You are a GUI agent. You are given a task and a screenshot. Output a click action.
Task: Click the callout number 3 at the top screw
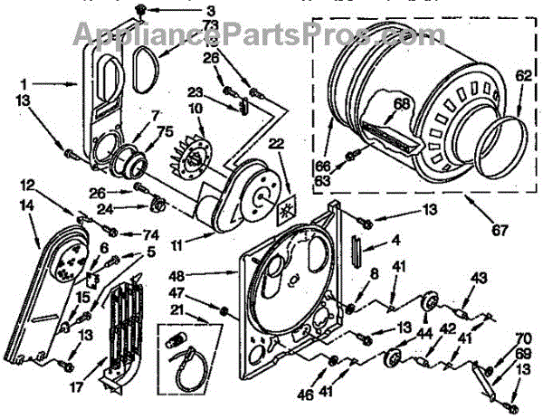(x=186, y=10)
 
